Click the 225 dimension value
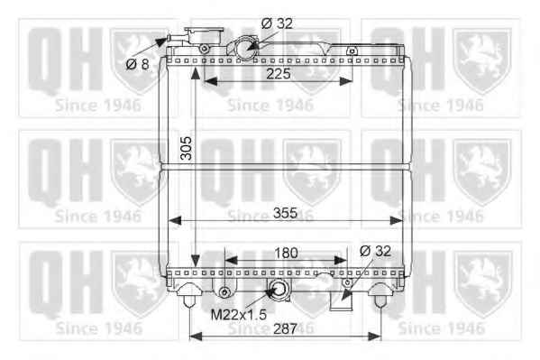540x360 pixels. point(279,73)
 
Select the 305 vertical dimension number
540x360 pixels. point(187,148)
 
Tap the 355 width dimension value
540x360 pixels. point(285,213)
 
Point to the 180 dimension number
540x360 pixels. point(286,254)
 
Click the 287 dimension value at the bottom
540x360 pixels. point(285,328)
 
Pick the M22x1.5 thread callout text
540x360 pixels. point(239,314)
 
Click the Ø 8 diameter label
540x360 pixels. point(137,64)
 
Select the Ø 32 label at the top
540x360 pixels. point(277,23)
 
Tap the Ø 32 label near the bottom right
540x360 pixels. point(375,251)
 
